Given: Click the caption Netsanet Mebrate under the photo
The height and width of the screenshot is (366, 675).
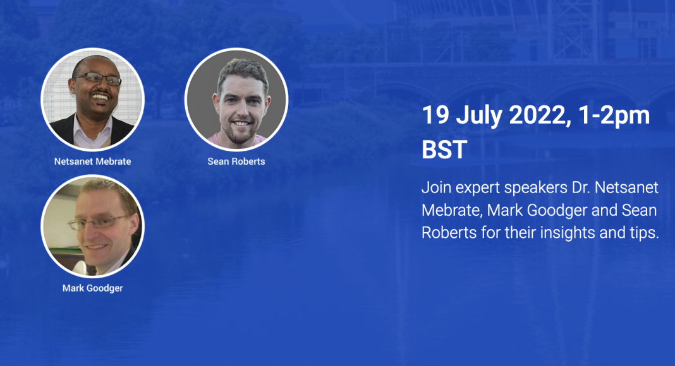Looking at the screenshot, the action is [x=92, y=162].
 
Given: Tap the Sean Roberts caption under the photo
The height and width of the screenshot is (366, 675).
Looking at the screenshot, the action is [x=236, y=162].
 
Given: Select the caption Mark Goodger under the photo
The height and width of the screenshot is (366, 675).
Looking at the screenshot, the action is [x=92, y=288].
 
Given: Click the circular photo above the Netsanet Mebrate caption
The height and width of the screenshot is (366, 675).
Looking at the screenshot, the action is [x=92, y=100].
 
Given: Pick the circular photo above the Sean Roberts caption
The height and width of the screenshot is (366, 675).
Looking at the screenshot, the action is [x=236, y=100].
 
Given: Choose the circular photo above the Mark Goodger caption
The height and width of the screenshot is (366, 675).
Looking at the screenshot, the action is [x=92, y=227].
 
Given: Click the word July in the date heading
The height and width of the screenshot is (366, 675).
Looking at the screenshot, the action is [x=479, y=116].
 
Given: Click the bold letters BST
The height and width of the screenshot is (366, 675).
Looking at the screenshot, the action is [x=444, y=150].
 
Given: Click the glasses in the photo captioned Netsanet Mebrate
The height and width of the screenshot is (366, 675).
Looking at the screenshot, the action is [x=97, y=78].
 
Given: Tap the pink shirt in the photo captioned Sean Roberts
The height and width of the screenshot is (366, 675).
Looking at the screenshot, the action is [x=237, y=141].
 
